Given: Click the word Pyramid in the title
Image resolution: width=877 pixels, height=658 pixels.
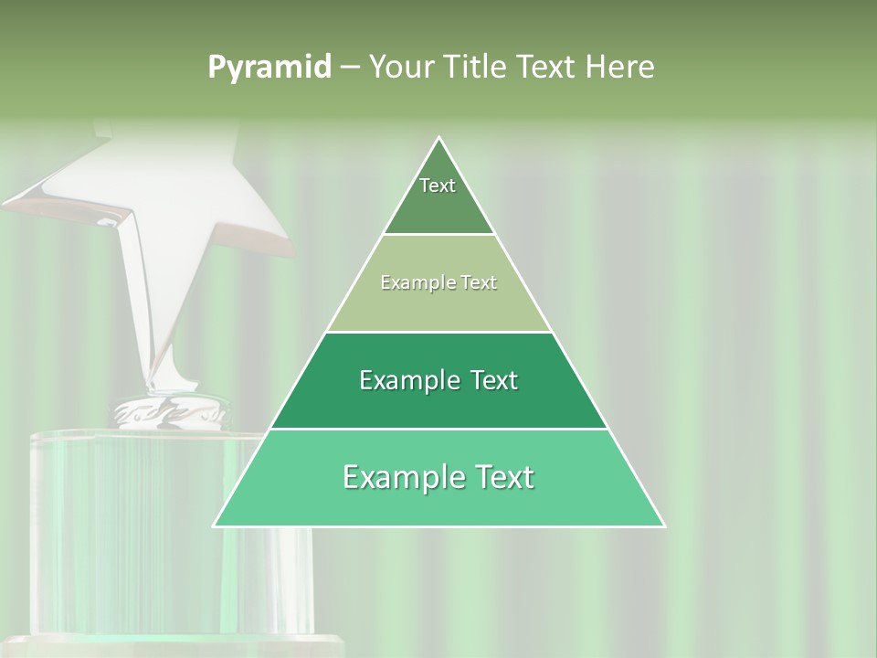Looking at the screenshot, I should (269, 68).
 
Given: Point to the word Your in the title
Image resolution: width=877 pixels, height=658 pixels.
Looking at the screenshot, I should (399, 68).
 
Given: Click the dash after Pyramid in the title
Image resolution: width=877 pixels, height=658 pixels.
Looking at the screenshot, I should (350, 68).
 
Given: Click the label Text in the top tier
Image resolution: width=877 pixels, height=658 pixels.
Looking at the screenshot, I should (438, 186).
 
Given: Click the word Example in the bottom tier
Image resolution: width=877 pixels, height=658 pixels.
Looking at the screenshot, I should (396, 477).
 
